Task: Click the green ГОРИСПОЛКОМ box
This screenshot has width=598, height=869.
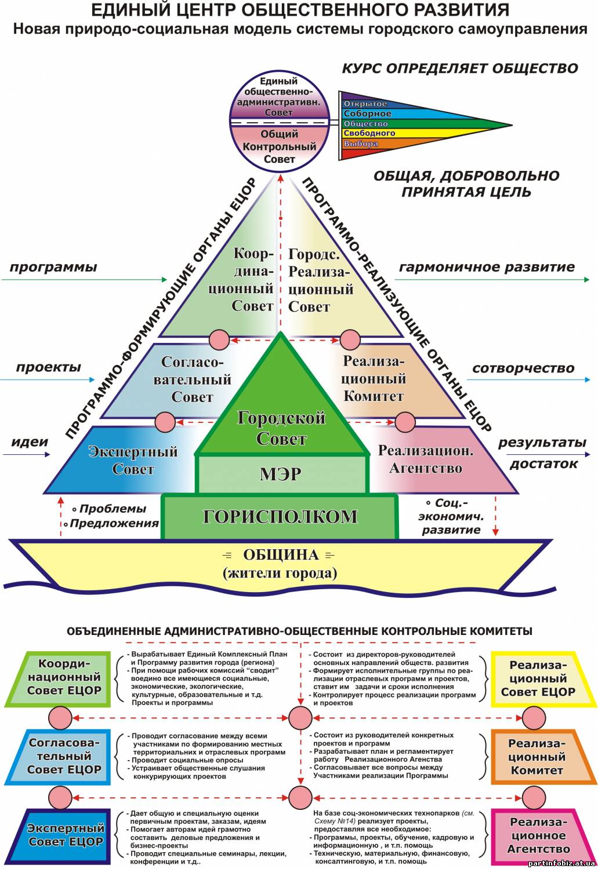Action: tap(280, 517)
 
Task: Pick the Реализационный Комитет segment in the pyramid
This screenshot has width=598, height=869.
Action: tap(388, 380)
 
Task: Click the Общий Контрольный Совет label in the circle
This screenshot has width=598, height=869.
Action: tap(279, 146)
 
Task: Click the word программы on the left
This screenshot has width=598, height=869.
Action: tap(53, 268)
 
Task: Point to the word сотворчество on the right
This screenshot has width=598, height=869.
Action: tap(523, 368)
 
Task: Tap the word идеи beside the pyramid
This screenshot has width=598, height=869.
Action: tap(30, 442)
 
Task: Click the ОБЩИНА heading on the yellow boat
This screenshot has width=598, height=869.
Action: tap(281, 555)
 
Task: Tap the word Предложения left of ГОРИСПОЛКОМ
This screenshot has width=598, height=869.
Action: tap(114, 523)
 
